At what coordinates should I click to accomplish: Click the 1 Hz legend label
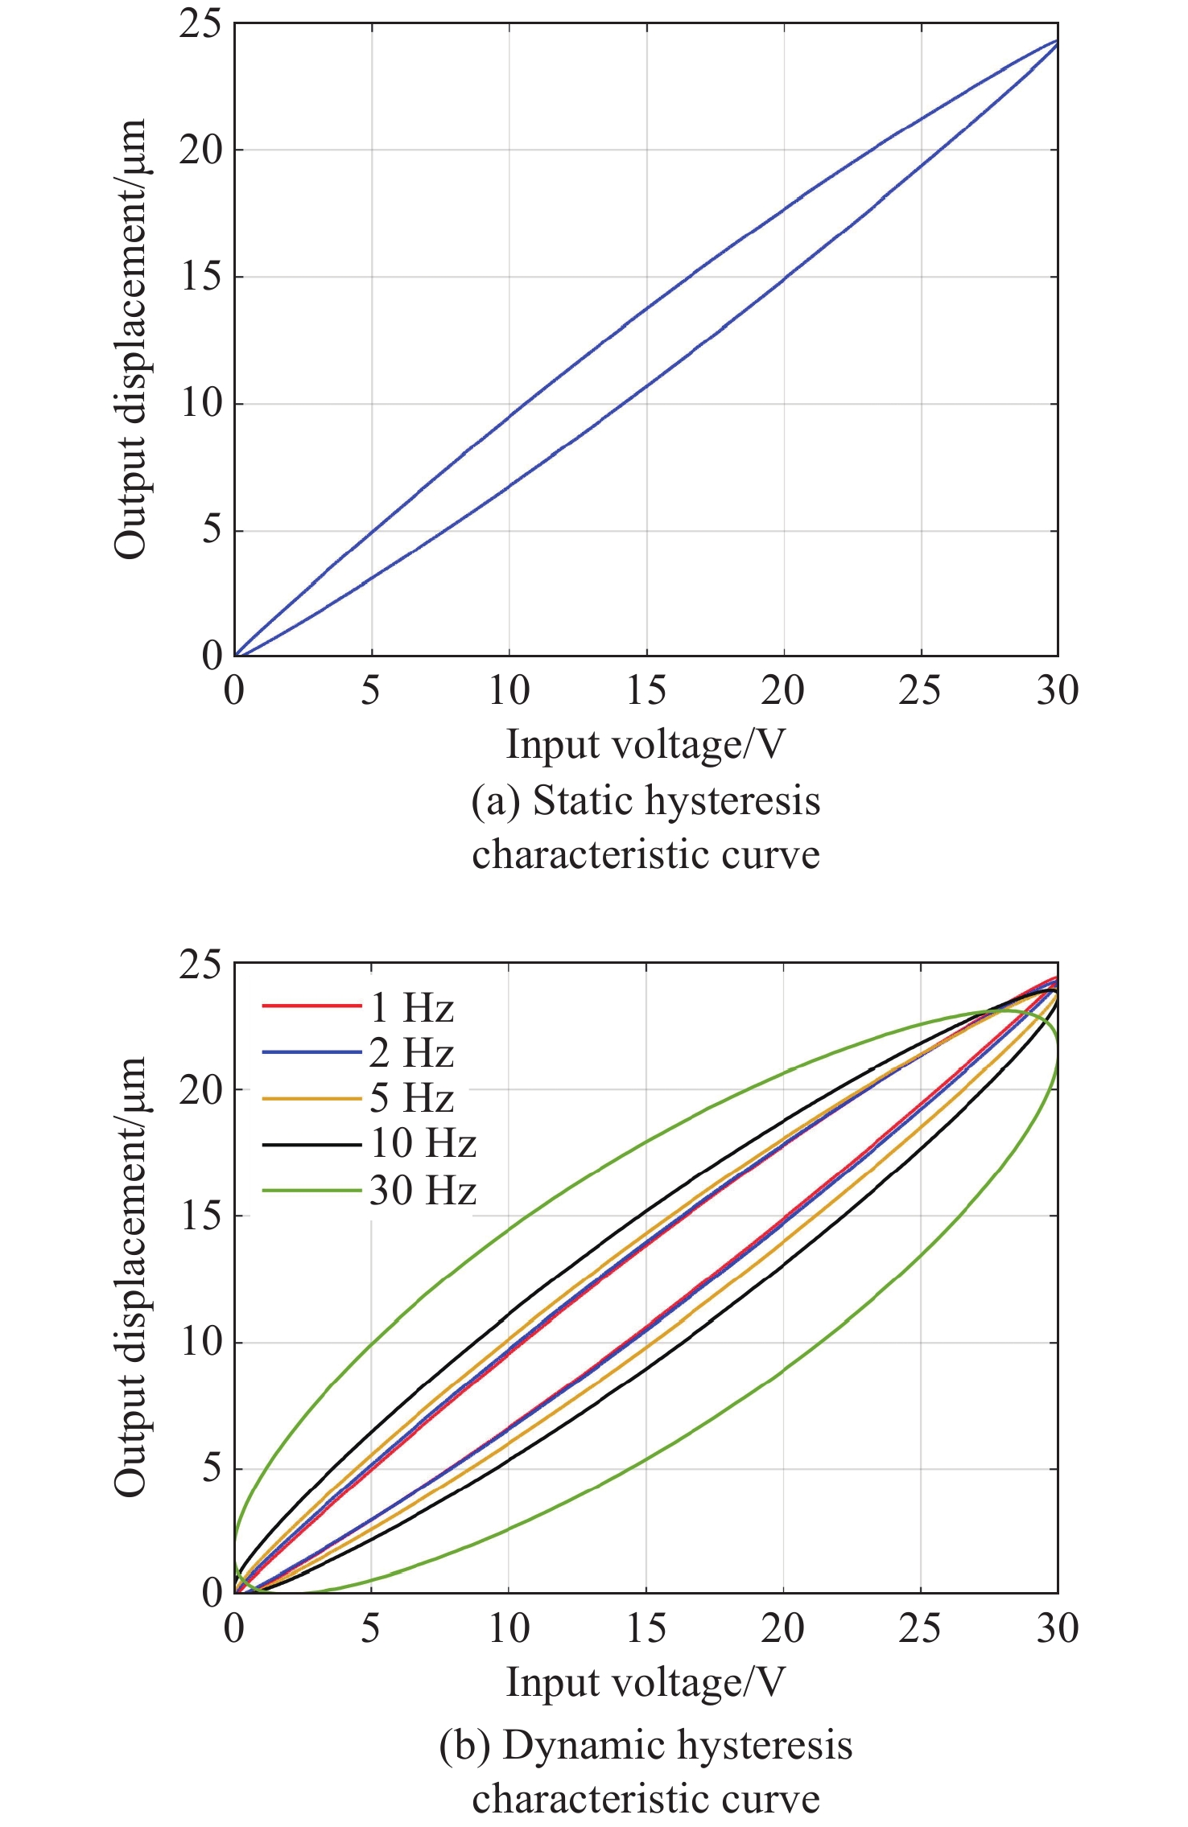click(411, 1008)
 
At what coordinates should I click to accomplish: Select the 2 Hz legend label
click(411, 1053)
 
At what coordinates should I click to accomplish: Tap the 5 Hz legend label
click(411, 1098)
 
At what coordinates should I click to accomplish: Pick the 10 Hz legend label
click(423, 1144)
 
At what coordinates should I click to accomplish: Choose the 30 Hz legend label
click(423, 1191)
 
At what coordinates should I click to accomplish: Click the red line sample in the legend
click(311, 1006)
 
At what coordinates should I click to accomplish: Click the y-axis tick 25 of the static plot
click(200, 24)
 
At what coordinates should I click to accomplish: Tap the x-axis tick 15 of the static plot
click(646, 690)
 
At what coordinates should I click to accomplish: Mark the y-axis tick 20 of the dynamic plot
click(200, 1090)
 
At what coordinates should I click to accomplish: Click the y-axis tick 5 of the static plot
click(211, 530)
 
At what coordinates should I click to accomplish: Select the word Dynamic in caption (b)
click(584, 1746)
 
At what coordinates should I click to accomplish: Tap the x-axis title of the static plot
click(645, 744)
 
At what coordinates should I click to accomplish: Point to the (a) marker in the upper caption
click(496, 802)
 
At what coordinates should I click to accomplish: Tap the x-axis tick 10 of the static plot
click(509, 690)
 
